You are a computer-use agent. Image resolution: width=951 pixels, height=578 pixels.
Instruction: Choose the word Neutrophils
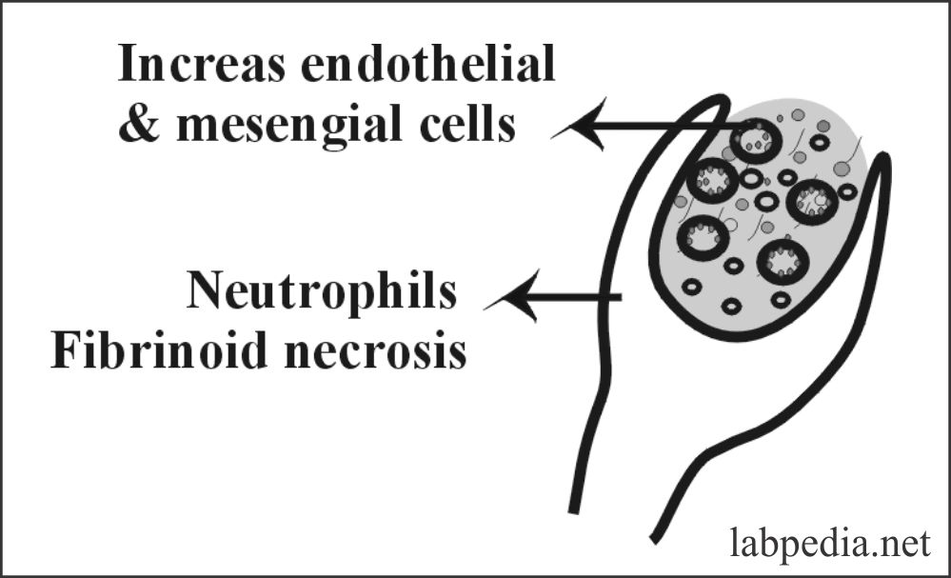(322, 291)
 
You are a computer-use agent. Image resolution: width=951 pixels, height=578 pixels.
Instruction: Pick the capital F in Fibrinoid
(68, 351)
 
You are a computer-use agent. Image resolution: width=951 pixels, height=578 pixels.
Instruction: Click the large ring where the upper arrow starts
(756, 140)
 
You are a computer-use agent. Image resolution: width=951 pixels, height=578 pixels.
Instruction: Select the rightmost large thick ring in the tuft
(812, 201)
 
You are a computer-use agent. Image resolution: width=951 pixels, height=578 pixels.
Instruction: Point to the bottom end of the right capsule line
(656, 534)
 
